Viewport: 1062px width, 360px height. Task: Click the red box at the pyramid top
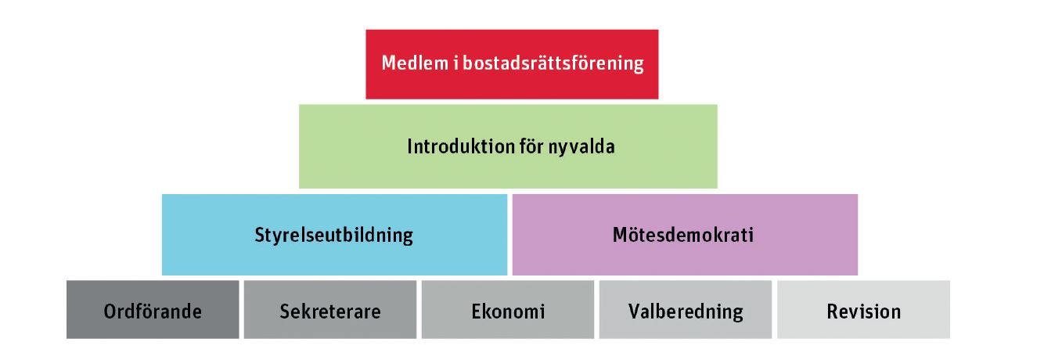point(512,64)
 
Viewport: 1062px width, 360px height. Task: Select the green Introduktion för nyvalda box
point(508,146)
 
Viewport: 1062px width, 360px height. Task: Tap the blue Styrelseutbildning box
point(334,235)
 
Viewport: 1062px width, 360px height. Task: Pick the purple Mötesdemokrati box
point(685,235)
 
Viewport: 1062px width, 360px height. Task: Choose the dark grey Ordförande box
point(153,310)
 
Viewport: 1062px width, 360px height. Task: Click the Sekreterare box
point(330,310)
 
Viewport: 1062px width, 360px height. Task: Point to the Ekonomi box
point(508,310)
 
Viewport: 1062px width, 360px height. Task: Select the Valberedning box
point(686,310)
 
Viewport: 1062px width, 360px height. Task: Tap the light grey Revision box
point(863,310)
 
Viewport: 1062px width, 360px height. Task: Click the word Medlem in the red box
point(415,63)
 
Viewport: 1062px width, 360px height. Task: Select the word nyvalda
point(581,147)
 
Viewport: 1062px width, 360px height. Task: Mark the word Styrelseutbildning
point(333,236)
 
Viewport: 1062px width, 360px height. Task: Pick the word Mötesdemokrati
point(682,235)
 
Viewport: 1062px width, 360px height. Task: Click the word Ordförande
point(153,311)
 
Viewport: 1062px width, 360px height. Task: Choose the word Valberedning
point(686,312)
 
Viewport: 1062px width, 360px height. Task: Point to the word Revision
point(864,311)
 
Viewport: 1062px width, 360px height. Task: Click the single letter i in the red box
point(455,63)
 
